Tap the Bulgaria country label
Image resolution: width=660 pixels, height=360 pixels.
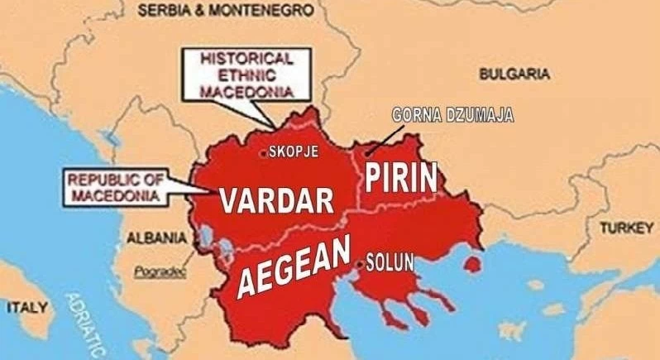[x=514, y=74]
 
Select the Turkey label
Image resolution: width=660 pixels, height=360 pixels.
[x=626, y=228]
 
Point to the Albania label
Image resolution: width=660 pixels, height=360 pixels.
[x=156, y=238]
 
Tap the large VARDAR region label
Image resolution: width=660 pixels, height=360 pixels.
[x=276, y=199]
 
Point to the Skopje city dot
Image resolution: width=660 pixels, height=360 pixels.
[x=264, y=152]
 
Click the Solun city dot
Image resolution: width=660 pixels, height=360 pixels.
[x=358, y=264]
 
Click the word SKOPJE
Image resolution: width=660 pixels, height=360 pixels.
[x=294, y=152]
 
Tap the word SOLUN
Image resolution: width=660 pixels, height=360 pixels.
[x=388, y=265]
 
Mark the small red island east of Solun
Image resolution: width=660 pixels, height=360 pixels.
[x=473, y=264]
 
